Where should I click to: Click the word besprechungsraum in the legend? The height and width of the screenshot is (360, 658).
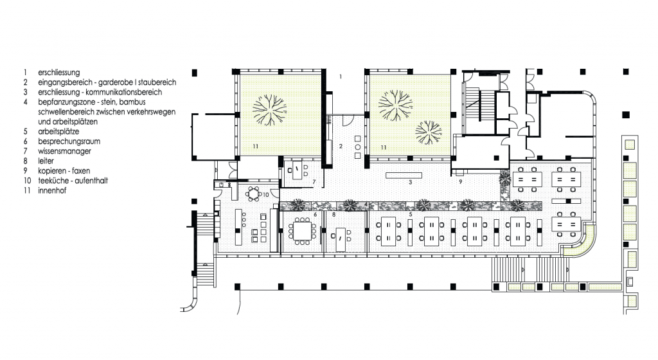[69, 141]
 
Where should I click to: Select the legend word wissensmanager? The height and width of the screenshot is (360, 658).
[64, 151]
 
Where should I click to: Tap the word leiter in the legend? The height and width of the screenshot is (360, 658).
[46, 161]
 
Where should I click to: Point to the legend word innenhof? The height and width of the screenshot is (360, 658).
[52, 190]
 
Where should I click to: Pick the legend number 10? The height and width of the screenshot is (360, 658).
[27, 181]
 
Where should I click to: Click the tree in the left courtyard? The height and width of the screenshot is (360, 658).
[269, 110]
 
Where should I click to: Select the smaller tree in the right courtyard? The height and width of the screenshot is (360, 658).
[429, 132]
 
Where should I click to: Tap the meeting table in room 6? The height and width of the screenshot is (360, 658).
[302, 231]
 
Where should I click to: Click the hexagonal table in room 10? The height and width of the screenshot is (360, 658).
[253, 194]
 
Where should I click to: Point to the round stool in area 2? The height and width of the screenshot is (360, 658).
[357, 147]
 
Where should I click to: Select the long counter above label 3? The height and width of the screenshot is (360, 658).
[404, 175]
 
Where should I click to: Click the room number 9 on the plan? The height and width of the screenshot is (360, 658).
[460, 182]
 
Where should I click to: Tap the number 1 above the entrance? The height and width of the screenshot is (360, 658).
[341, 76]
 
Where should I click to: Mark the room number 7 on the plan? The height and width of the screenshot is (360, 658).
[314, 182]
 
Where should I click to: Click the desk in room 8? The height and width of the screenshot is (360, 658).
[341, 240]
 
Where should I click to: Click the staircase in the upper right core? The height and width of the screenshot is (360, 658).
[479, 104]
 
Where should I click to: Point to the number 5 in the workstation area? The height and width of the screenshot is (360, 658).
[410, 215]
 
